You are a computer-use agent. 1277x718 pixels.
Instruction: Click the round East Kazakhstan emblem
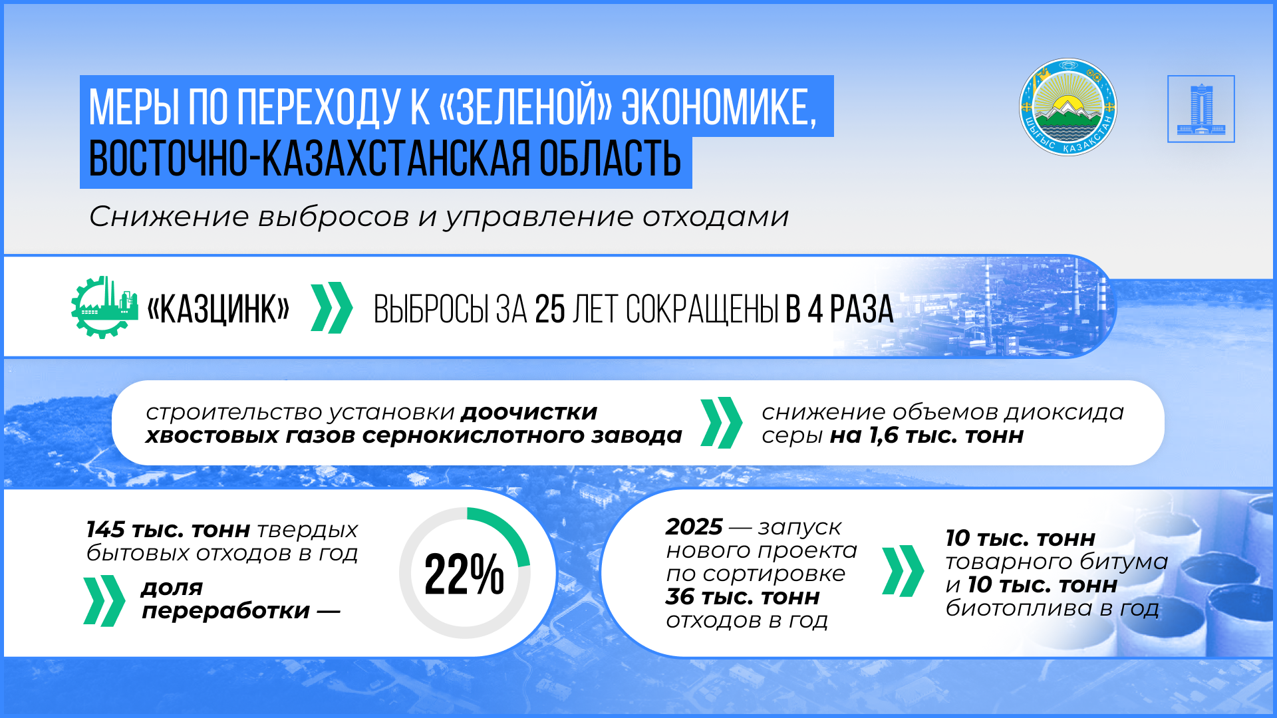click(x=1068, y=108)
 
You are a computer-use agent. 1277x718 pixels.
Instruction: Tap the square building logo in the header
click(x=1201, y=109)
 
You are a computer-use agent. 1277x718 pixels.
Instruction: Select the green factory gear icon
click(x=104, y=307)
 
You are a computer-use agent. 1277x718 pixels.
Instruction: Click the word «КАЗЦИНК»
click(x=218, y=309)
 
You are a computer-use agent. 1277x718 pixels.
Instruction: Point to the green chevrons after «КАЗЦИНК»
click(x=331, y=307)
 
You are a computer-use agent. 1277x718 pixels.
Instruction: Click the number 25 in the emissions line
click(x=549, y=310)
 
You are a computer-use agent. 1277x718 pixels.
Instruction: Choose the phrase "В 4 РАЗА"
click(x=839, y=310)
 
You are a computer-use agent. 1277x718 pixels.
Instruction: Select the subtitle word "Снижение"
click(x=169, y=217)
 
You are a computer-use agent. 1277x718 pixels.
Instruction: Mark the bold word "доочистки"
click(x=529, y=413)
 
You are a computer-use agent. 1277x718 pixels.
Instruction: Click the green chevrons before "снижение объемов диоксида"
click(x=722, y=423)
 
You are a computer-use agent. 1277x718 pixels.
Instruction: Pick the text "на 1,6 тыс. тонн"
click(x=926, y=436)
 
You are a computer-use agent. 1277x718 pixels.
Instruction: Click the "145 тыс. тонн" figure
click(x=168, y=530)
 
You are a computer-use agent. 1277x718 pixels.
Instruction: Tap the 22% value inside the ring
click(x=464, y=574)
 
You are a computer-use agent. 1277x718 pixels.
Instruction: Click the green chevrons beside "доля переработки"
click(x=104, y=601)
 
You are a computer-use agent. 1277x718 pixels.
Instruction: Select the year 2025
click(x=694, y=527)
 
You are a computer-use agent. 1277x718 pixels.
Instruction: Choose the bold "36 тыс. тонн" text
click(x=742, y=597)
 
